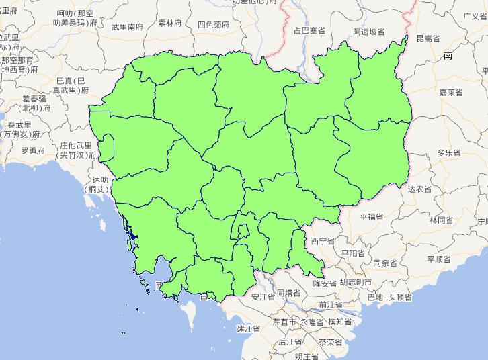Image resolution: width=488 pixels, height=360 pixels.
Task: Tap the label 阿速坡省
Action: tap(368, 32)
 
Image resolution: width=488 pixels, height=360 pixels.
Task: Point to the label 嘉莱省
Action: tap(450, 92)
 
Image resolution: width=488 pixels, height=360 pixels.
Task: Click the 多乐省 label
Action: tap(449, 153)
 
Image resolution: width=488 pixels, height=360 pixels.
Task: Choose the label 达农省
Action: tap(419, 189)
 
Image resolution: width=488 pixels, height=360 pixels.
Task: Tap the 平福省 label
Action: tap(371, 217)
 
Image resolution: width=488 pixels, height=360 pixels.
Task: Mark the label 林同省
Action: tap(441, 220)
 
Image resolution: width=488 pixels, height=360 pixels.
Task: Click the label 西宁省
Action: tap(323, 240)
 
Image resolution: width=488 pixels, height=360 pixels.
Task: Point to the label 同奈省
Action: tap(387, 263)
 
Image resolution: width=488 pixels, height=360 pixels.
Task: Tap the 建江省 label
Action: tap(248, 328)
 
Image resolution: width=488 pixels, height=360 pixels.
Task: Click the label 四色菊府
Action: tap(213, 25)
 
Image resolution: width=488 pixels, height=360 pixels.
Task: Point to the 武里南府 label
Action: tap(127, 27)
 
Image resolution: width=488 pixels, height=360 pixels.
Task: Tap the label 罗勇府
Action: tap(32, 150)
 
